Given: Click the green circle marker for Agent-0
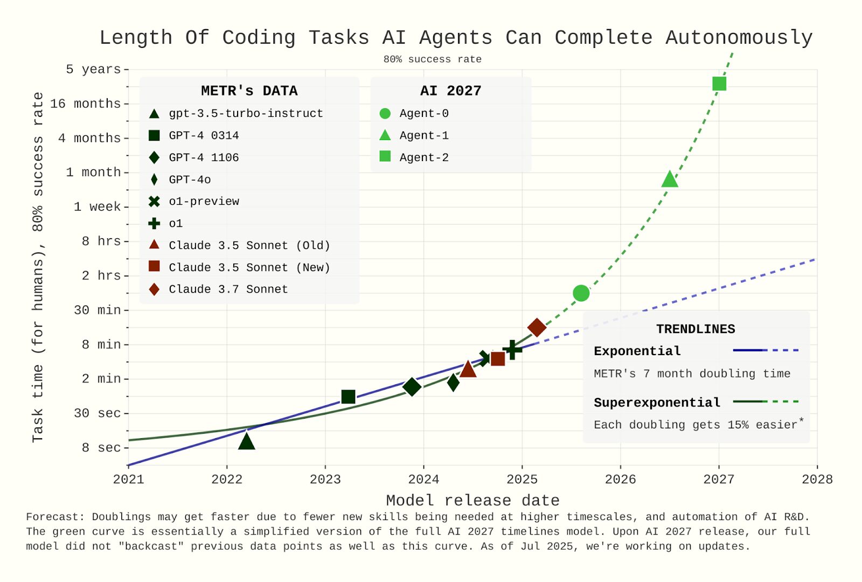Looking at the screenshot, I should coord(581,293).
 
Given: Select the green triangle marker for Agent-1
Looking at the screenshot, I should coord(669,179).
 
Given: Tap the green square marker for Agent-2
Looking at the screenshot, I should coord(719,84).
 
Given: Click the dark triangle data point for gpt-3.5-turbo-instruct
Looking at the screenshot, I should coord(246,442).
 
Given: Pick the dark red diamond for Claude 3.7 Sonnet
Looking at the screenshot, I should coord(537,327).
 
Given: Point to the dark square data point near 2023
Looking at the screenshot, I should coord(348,397).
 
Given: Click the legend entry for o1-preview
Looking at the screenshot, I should coord(204,202).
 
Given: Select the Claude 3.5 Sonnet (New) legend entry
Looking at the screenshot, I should coord(249,267).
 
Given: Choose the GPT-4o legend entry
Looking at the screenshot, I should coord(190,179).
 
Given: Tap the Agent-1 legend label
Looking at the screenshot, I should coord(424,135).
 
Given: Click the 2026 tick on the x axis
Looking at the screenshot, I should coord(620,479).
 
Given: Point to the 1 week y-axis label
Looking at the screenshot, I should coord(97,206).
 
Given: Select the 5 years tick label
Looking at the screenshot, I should coord(93,69).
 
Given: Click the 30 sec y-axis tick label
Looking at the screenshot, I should coord(97,413).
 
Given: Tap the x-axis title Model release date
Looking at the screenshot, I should coord(472,500).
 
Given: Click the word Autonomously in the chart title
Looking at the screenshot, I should coord(739,38).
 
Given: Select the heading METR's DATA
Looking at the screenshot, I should coord(249,91).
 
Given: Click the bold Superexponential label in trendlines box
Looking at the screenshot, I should coord(657,403).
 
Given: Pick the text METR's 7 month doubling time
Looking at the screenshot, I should coord(692,373).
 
